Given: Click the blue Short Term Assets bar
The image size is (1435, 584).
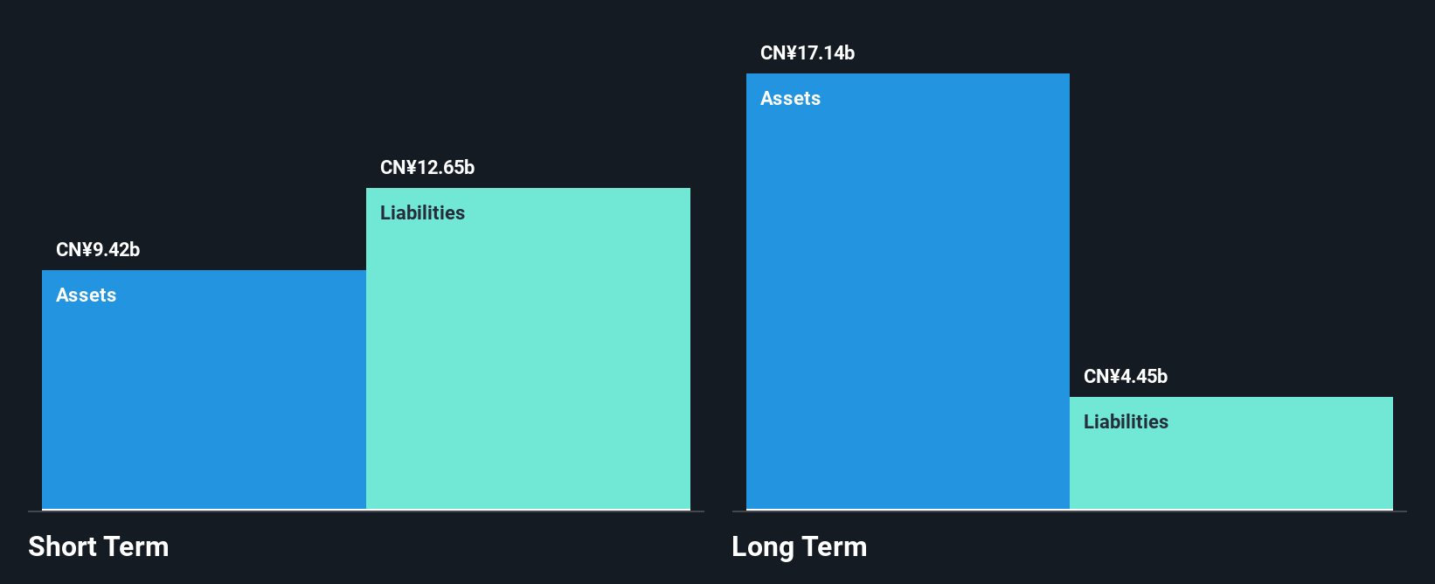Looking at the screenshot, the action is tap(204, 390).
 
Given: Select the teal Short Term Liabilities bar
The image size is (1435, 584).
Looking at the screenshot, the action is tap(528, 349).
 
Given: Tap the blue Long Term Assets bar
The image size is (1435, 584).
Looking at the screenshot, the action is tap(908, 292).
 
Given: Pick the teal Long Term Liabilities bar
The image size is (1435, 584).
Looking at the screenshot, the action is tap(1231, 453).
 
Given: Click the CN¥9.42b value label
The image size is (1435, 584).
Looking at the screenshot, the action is tap(98, 249).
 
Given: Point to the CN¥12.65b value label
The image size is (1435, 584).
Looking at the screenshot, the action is tap(427, 167).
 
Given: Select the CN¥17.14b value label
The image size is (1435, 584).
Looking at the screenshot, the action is tap(808, 52).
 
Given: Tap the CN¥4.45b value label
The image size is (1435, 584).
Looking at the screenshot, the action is tap(1126, 376).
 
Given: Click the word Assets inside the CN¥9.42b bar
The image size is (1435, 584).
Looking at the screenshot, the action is tap(86, 295).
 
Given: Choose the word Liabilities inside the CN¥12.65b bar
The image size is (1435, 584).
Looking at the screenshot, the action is tap(422, 212).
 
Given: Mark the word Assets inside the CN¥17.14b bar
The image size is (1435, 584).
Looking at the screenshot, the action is tap(791, 98).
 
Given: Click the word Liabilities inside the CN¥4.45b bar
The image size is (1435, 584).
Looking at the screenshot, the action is tap(1126, 421).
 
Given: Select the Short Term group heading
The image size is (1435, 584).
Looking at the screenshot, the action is tap(99, 546).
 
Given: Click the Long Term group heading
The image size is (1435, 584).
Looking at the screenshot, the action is tap(800, 546).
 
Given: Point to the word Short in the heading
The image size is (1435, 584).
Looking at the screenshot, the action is tap(61, 546).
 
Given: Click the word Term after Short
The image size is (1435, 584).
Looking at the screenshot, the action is tap(135, 546).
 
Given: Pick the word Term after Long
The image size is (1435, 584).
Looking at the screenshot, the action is tap(834, 546).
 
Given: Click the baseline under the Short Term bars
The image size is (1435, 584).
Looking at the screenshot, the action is tap(366, 511).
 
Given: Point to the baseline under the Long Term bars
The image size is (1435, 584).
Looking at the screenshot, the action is tap(1069, 511).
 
